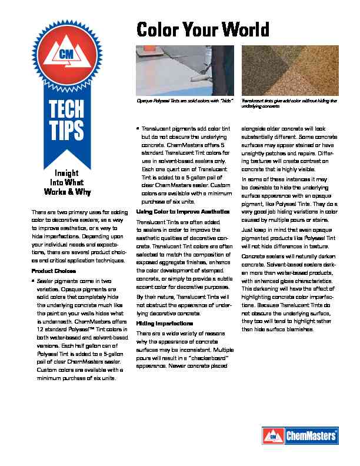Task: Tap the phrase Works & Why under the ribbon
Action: (x=68, y=192)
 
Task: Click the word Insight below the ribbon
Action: (x=68, y=174)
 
